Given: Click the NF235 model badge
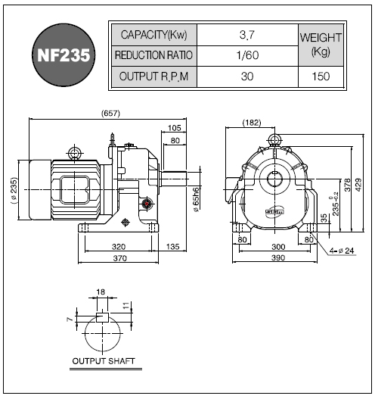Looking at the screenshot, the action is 64,55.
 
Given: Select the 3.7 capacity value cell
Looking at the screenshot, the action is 247,35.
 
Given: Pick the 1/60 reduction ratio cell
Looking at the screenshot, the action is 247,55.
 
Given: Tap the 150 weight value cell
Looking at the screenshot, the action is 321,76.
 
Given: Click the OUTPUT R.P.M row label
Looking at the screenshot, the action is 154,76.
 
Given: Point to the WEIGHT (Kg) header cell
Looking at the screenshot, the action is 321,45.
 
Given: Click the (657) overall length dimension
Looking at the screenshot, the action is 110,114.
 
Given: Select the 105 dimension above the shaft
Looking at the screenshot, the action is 175,128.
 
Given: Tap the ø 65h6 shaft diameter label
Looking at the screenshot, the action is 196,200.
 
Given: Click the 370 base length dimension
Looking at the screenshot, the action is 119,258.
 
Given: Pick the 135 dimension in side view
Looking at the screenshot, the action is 173,247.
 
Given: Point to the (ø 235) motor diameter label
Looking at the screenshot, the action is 14,190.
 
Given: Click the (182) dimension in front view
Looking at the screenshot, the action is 252,123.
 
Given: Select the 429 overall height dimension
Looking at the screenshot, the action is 358,185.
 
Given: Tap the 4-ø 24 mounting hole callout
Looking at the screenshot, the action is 342,251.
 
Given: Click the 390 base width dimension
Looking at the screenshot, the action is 278,257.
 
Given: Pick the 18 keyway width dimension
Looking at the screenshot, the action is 101,292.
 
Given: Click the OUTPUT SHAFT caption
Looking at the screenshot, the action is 104,361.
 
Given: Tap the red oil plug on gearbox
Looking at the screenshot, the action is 147,204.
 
